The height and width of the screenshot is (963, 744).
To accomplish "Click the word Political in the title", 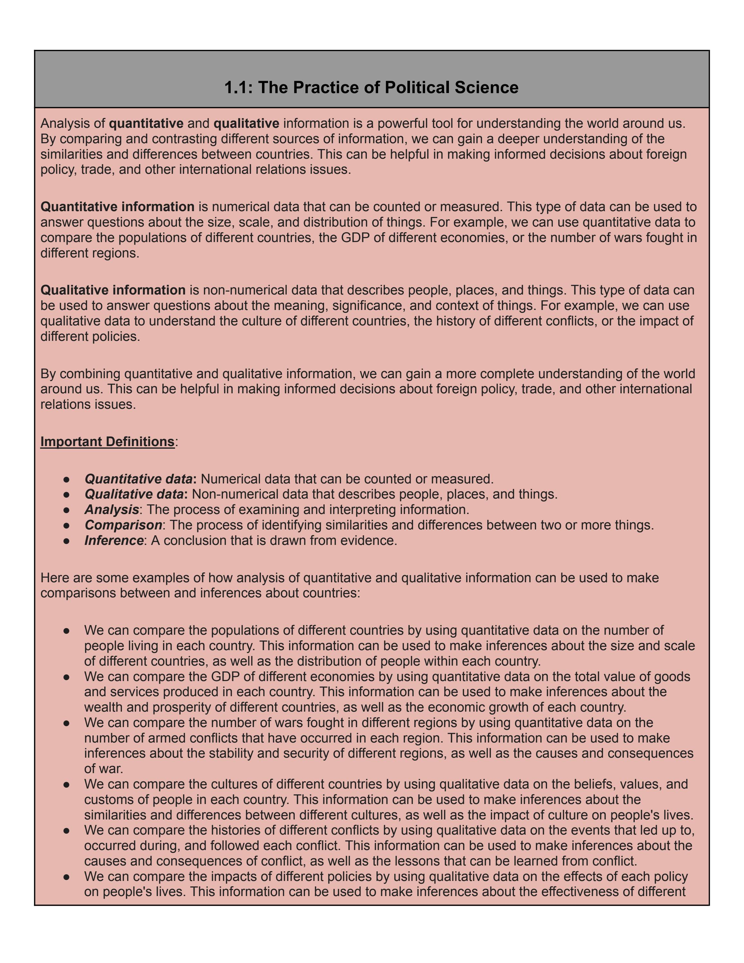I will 417,87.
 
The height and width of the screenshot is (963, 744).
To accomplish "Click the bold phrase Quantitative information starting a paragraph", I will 117,207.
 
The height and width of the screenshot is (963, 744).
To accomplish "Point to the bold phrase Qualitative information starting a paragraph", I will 113,290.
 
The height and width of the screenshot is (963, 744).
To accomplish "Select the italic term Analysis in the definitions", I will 112,510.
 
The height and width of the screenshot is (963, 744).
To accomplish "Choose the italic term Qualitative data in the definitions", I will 134,494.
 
